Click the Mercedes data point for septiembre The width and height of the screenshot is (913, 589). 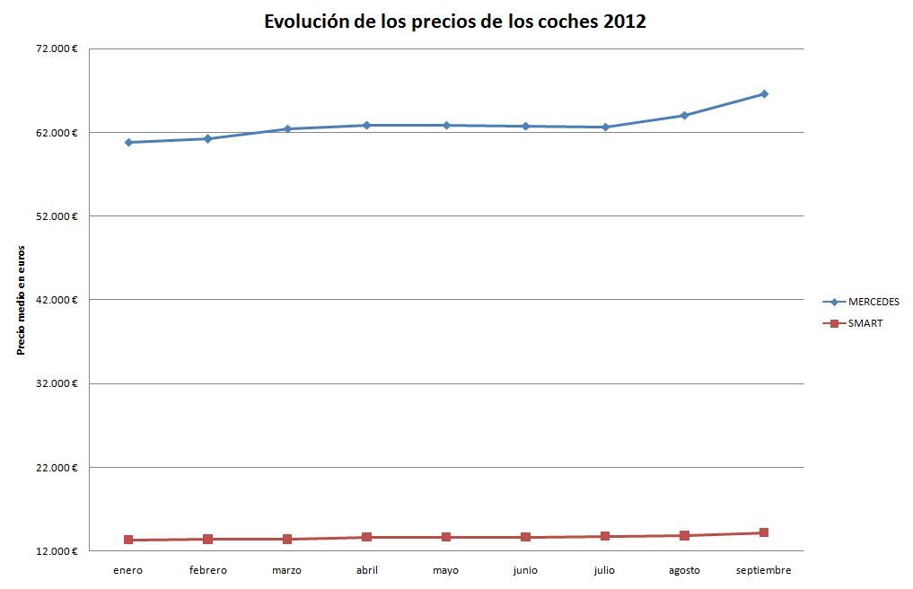(x=764, y=93)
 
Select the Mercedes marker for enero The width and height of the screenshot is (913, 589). (x=128, y=142)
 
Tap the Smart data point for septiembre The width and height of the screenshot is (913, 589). (x=764, y=532)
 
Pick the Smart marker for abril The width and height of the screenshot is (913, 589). (x=366, y=537)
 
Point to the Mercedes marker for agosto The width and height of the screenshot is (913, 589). (x=684, y=115)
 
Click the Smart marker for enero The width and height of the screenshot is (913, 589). (x=128, y=540)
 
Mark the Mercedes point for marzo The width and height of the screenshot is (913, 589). (x=287, y=128)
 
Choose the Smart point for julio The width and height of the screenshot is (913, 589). (x=605, y=536)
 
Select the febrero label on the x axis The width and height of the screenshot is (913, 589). (x=207, y=570)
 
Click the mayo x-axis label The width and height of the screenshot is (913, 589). (x=445, y=570)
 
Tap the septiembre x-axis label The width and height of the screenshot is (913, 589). (x=763, y=570)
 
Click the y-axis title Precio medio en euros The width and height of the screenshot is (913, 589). (x=20, y=300)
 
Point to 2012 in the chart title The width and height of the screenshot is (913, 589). (x=624, y=22)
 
